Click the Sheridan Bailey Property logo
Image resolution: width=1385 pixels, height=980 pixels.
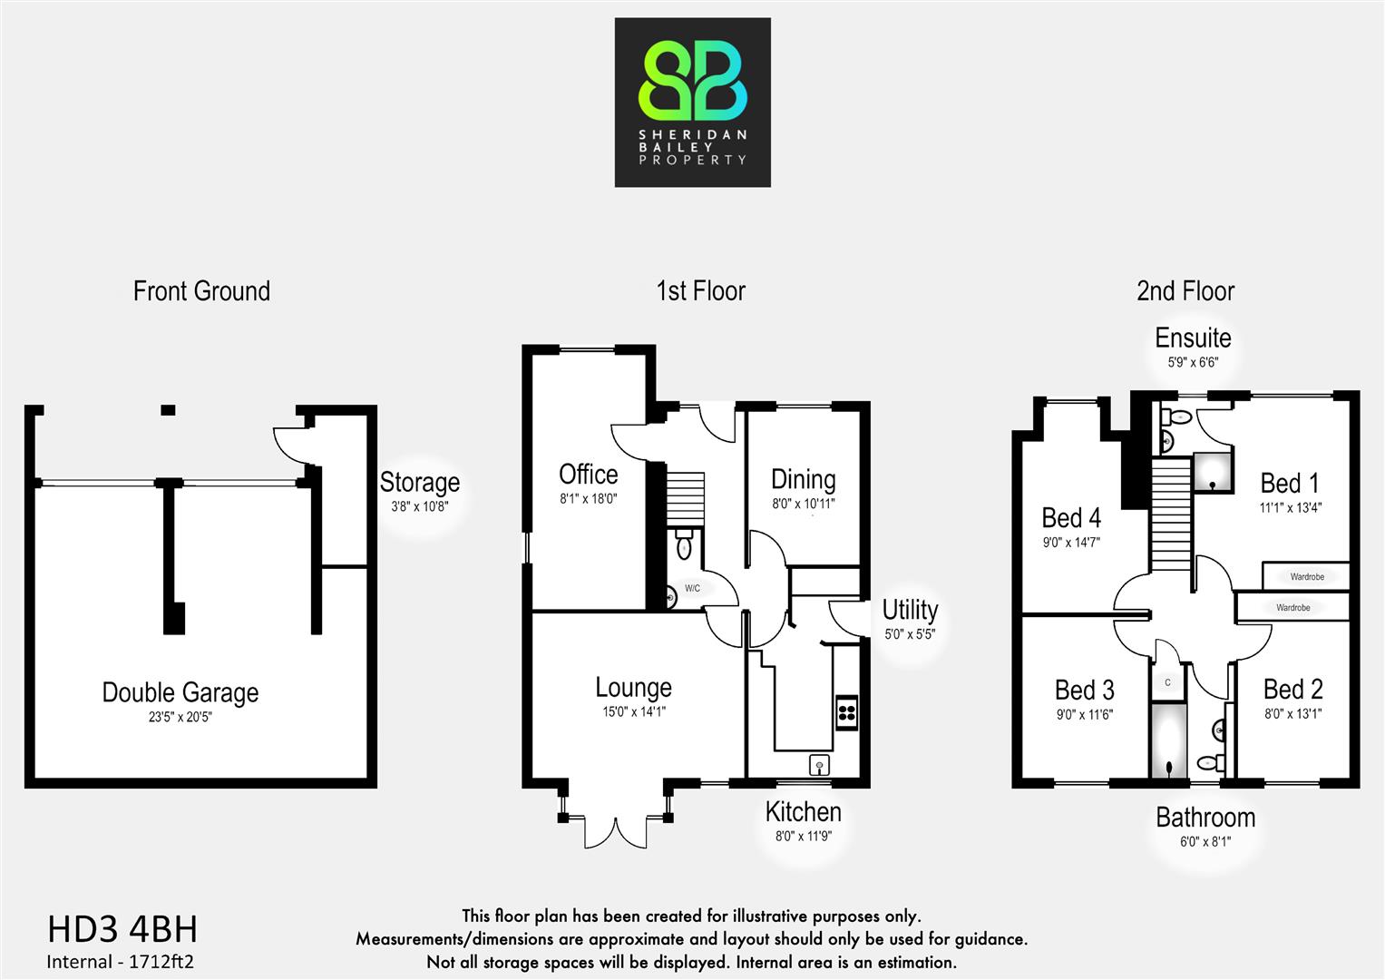pos(692,103)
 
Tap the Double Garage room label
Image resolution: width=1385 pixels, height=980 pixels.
pos(180,692)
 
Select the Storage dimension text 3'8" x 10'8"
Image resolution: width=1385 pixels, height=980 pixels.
pos(419,507)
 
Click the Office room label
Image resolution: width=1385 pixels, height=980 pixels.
pos(588,475)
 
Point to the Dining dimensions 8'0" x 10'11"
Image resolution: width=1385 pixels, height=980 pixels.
pos(803,504)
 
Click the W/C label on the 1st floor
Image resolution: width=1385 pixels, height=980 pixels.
pos(692,588)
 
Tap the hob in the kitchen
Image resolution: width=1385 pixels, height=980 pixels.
pos(846,711)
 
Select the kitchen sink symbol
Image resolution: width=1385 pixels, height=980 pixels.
pos(819,765)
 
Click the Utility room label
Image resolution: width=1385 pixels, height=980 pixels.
pos(910,610)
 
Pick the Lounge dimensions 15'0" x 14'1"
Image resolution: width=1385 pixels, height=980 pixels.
pos(633,712)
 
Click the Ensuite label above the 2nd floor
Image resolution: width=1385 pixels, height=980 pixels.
pos(1193,338)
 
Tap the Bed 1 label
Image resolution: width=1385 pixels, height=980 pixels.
pos(1289,483)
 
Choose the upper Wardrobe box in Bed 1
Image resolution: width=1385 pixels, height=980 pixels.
pos(1306,576)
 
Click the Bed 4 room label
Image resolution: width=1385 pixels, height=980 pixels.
pos(1071,518)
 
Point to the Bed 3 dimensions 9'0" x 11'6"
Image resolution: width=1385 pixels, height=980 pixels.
pos(1084,715)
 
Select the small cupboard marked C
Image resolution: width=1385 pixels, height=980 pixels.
pos(1167,682)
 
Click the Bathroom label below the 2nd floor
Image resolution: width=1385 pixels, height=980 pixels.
pos(1205,818)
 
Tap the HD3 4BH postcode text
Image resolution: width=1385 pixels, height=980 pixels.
pos(122,930)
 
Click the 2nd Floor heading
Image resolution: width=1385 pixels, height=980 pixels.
pos(1185,291)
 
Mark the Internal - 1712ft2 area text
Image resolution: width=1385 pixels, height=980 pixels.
pos(120,962)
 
